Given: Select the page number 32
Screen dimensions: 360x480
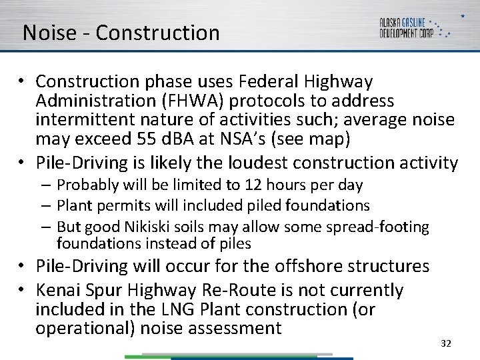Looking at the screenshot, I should point(446,343).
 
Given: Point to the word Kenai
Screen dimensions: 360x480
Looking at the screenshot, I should point(58,291).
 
